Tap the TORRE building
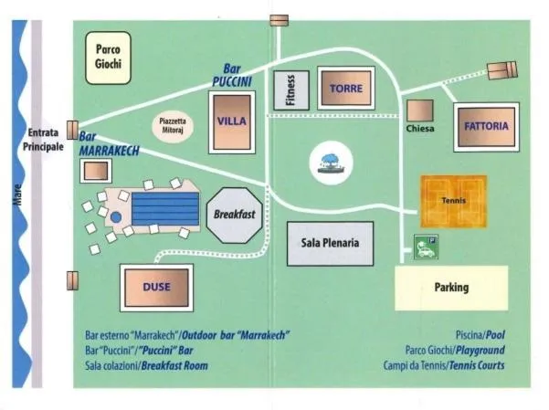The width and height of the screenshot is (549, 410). pos(346,89)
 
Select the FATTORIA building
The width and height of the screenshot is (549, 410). pos(485,126)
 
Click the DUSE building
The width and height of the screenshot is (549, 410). pos(156,287)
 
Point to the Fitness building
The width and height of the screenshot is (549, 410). pos(290,89)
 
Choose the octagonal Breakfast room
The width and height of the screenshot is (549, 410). pos(233,215)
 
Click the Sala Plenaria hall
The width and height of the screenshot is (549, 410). pos(330,243)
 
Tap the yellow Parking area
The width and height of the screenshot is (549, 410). pos(451,288)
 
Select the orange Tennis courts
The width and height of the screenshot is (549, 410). pos(454,200)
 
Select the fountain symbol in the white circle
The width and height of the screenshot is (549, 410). pos(330,163)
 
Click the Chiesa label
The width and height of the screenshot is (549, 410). pos(420,129)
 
